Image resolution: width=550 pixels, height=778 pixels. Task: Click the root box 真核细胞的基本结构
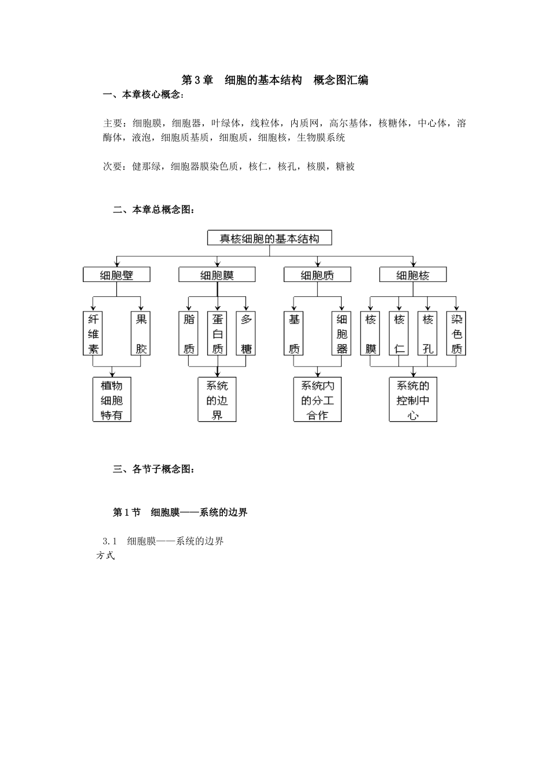pyautogui.click(x=270, y=238)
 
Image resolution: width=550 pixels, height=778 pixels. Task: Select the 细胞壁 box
pyautogui.click(x=116, y=274)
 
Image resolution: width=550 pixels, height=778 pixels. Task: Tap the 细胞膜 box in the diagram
pyautogui.click(x=217, y=274)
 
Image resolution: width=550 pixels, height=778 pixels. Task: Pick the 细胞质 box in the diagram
pyautogui.click(x=317, y=274)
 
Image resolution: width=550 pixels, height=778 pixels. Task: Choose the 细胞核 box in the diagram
pyautogui.click(x=413, y=274)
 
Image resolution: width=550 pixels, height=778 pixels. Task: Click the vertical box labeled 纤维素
pyautogui.click(x=93, y=333)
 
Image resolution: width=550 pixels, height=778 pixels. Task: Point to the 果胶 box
pyautogui.click(x=141, y=333)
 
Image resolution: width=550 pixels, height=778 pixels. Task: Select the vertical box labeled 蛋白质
pyautogui.click(x=218, y=333)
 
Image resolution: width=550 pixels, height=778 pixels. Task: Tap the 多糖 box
pyautogui.click(x=247, y=333)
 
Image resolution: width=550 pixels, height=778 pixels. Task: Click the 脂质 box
pyautogui.click(x=189, y=333)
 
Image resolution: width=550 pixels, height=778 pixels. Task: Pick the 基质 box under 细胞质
pyautogui.click(x=294, y=333)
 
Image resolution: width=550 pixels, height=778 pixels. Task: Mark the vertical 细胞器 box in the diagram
pyautogui.click(x=342, y=333)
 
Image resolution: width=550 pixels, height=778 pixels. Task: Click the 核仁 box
pyautogui.click(x=399, y=333)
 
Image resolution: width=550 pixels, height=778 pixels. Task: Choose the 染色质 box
pyautogui.click(x=457, y=333)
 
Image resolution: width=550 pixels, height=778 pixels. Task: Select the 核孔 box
pyautogui.click(x=428, y=333)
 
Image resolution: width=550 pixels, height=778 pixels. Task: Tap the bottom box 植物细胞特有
pyautogui.click(x=112, y=400)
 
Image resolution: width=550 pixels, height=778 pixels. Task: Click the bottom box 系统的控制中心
pyautogui.click(x=413, y=400)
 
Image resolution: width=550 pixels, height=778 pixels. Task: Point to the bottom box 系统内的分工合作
pyautogui.click(x=317, y=400)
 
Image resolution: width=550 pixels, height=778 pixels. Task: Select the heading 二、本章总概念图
pyautogui.click(x=154, y=210)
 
